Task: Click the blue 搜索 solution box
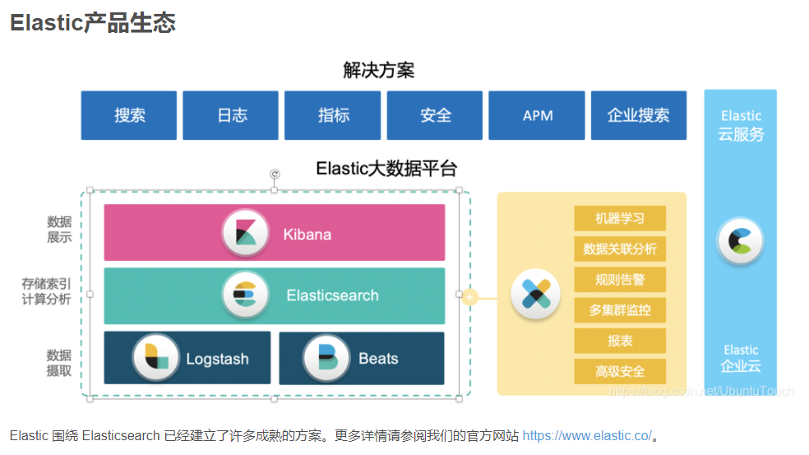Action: point(129,115)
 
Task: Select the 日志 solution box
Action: point(231,115)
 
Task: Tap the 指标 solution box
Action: point(333,115)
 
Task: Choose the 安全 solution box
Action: point(435,115)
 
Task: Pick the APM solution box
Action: point(537,115)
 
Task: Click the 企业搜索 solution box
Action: point(638,115)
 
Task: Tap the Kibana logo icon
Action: point(246,233)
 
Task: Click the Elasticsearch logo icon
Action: point(246,295)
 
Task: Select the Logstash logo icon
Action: point(156,358)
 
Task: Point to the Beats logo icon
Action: point(326,358)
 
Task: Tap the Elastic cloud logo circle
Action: point(740,240)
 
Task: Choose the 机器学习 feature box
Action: point(619,218)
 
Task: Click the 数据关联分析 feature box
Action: point(619,248)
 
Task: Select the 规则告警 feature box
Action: point(619,280)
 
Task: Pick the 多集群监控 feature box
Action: point(619,310)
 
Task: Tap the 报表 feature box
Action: point(619,341)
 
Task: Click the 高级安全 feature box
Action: point(619,371)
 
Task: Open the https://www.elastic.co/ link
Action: point(586,435)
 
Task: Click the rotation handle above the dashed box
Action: point(275,174)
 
